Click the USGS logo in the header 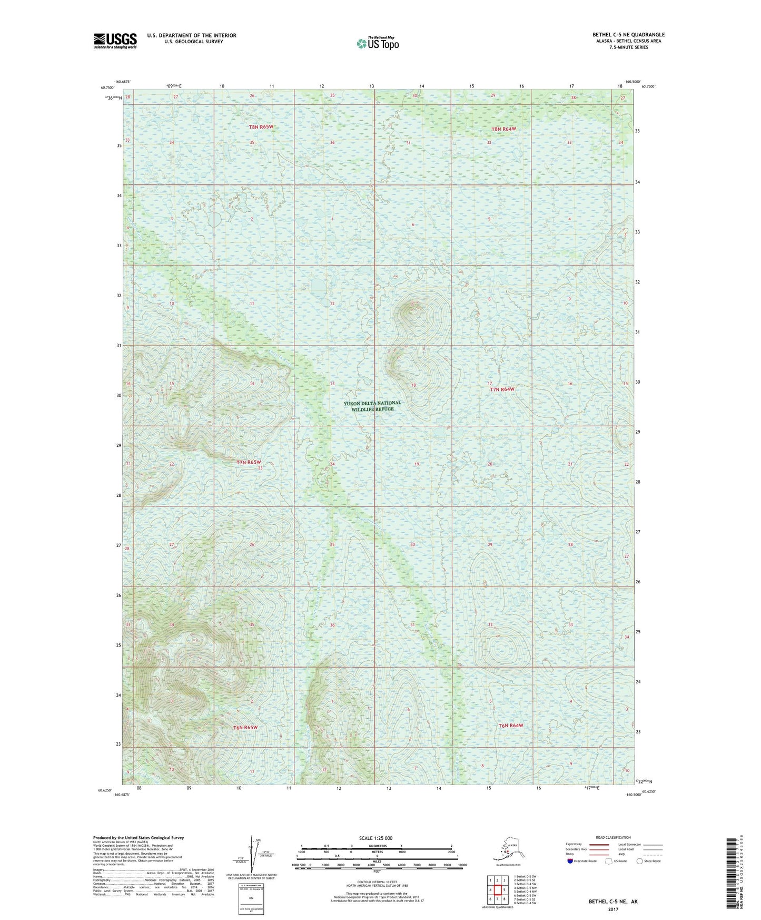click(x=115, y=41)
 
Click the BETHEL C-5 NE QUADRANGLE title click(x=628, y=35)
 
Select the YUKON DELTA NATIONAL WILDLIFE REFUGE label click(x=372, y=406)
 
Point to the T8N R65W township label click(x=261, y=127)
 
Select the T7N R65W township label click(x=249, y=462)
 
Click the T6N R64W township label click(x=511, y=726)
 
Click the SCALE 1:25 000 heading click(x=375, y=838)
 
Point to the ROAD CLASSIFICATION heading click(x=613, y=837)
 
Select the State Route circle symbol click(x=640, y=861)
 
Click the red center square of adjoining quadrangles click(x=497, y=890)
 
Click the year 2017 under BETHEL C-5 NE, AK click(x=613, y=909)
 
